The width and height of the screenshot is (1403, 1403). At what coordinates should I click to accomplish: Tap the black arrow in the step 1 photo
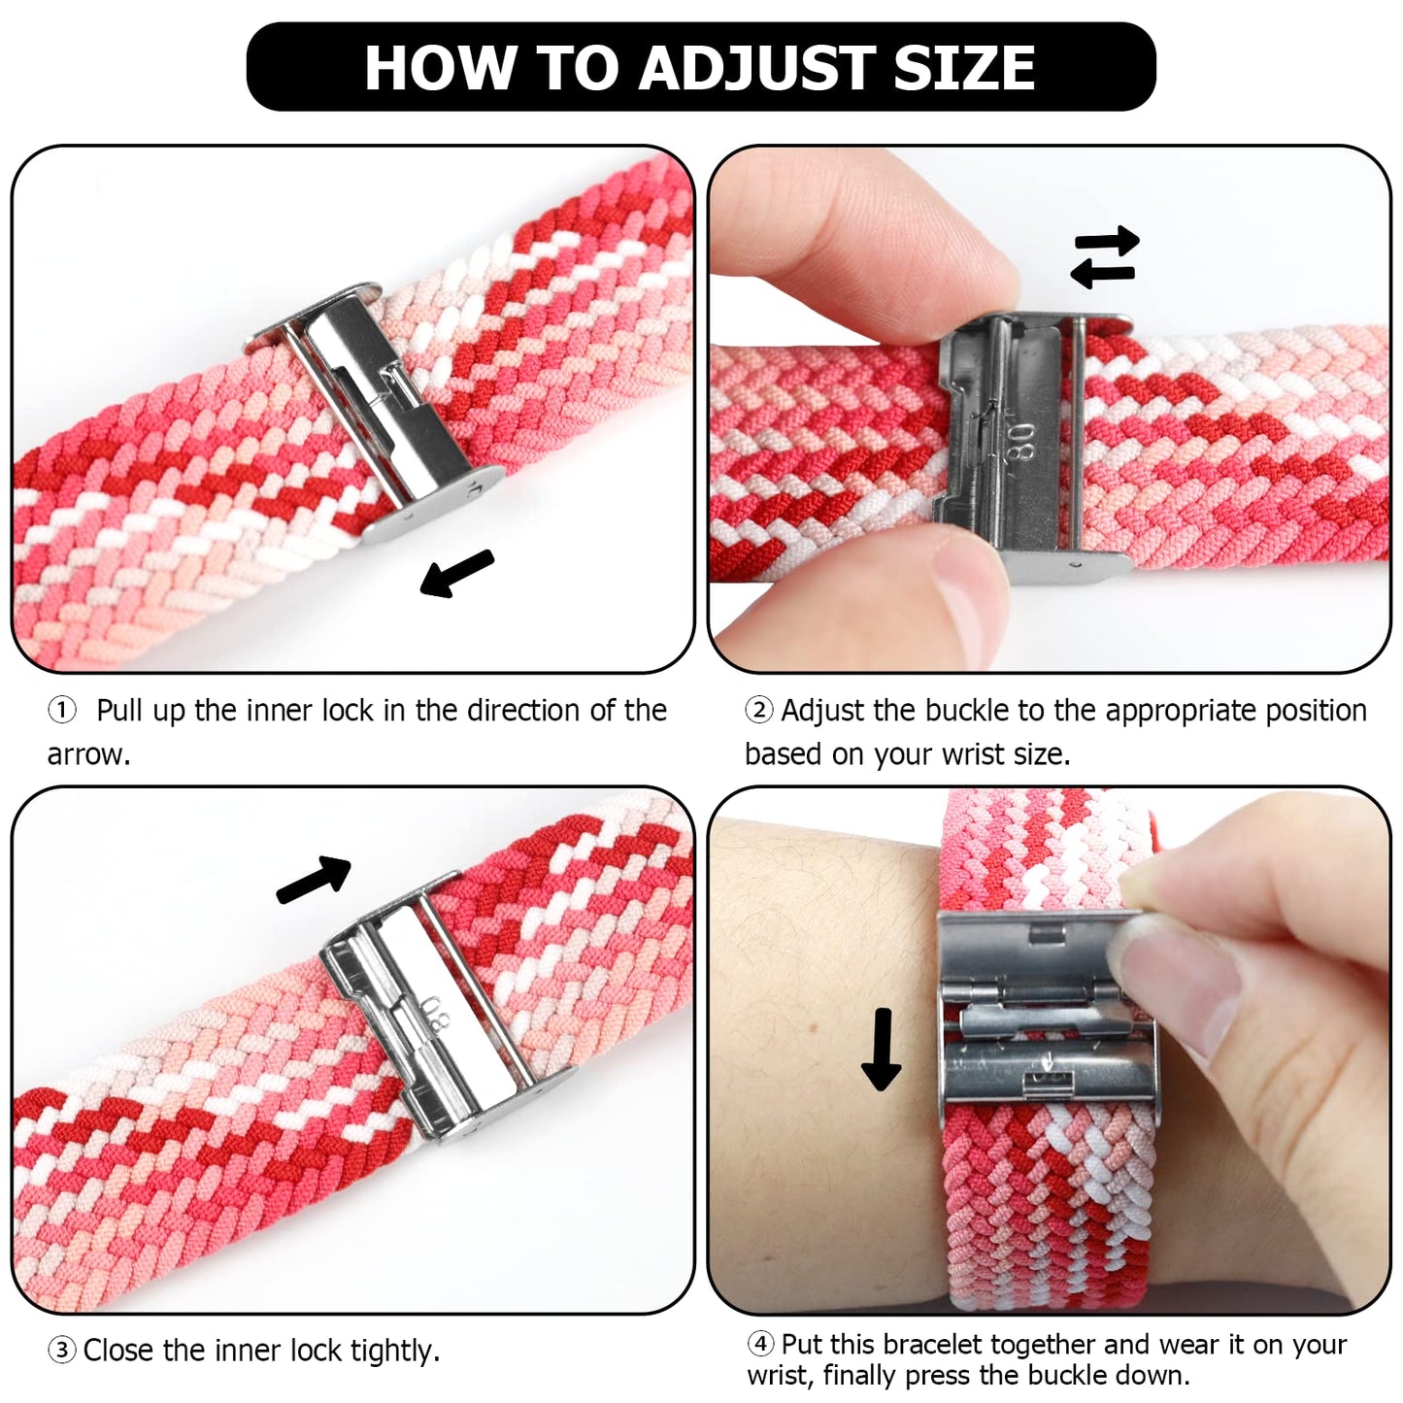456,573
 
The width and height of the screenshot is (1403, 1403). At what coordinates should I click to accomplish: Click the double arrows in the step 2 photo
1104,257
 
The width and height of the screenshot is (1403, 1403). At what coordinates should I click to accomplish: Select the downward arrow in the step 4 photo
882,1050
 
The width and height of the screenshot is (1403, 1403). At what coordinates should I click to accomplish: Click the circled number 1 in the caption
61,711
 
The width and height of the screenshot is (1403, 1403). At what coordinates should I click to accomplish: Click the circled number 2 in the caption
758,711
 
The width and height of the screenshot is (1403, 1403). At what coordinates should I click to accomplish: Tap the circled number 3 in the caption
61,1351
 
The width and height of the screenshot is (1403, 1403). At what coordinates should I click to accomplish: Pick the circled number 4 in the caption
760,1345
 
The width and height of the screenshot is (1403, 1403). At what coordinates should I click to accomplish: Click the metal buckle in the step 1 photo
374,408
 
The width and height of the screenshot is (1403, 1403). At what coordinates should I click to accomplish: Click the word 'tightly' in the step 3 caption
394,1351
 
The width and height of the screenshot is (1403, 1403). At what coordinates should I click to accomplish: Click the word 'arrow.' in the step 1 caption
88,754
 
